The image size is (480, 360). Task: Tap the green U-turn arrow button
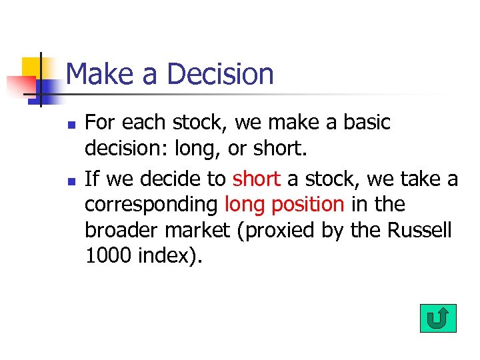pyautogui.click(x=438, y=319)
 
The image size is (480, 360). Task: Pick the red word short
pyautogui.click(x=257, y=179)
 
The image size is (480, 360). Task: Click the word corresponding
pyautogui.click(x=151, y=204)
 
